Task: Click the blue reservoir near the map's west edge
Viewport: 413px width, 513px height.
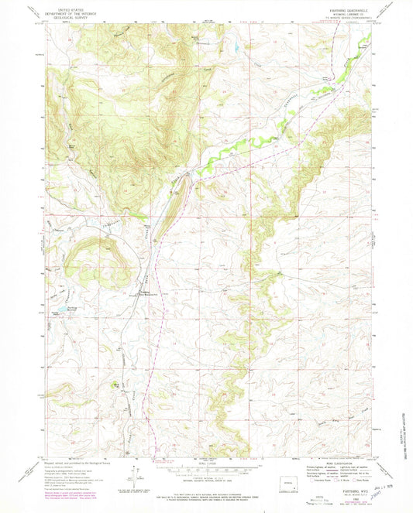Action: pos(56,312)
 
